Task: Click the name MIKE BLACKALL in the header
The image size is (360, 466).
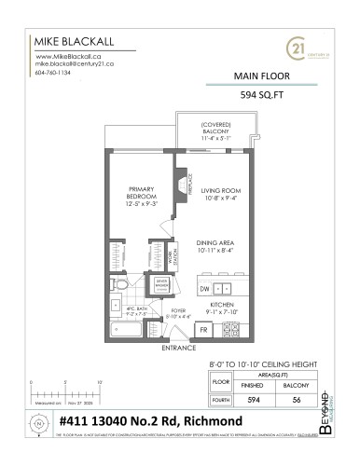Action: tap(70, 42)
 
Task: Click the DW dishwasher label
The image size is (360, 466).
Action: tap(203, 289)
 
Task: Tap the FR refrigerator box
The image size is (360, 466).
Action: tap(201, 331)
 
